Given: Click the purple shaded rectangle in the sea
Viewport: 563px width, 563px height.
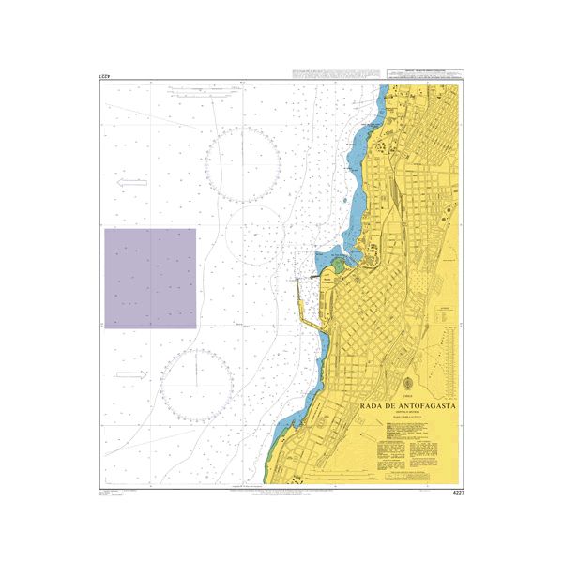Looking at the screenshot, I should pyautogui.click(x=149, y=278).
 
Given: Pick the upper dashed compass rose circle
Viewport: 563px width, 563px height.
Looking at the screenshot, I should pyautogui.click(x=242, y=166).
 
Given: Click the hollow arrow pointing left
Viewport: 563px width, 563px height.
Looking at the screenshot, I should pyautogui.click(x=134, y=184).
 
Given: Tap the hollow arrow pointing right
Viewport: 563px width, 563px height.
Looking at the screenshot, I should pyautogui.click(x=132, y=374).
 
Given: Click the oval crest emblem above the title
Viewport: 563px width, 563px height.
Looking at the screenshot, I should pyautogui.click(x=409, y=386).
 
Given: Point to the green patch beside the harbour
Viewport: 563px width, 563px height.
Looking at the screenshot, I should pyautogui.click(x=337, y=264).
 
